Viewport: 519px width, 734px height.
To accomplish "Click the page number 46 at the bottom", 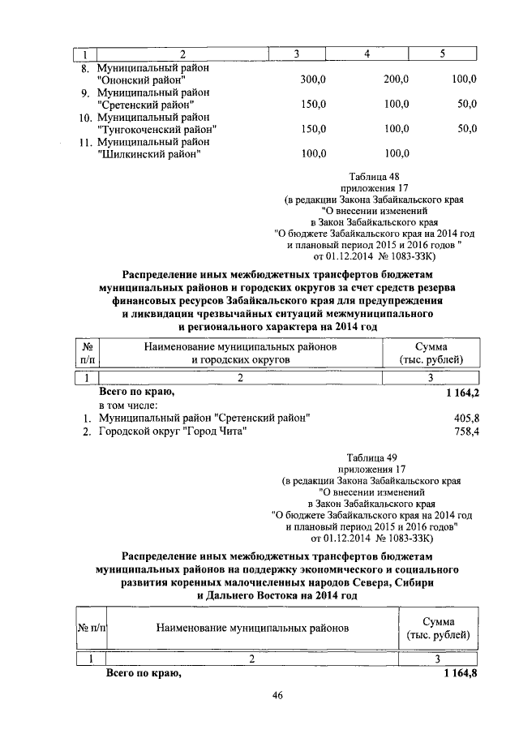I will click(277, 695).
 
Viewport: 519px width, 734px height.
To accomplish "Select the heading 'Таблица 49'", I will click(373, 458).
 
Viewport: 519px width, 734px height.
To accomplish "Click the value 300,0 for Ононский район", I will click(312, 79).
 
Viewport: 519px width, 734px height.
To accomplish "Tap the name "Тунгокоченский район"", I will click(156, 129).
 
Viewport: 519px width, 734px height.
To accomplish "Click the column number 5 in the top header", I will click(443, 54).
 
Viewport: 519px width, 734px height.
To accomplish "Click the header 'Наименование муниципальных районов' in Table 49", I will click(252, 628).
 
